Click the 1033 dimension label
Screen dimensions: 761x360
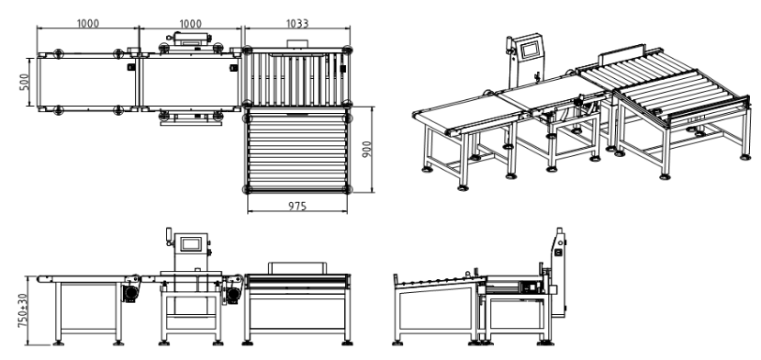click(297, 23)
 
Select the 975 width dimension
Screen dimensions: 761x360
click(297, 206)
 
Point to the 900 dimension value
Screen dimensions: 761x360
click(367, 149)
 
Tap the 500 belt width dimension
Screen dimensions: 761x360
click(25, 82)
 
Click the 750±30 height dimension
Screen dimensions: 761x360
click(23, 309)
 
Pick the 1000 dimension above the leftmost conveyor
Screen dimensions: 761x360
click(88, 23)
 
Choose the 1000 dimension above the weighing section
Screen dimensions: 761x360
click(190, 23)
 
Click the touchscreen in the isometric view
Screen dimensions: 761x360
click(529, 49)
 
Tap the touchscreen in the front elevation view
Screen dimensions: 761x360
click(190, 244)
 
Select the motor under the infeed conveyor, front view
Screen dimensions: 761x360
click(130, 294)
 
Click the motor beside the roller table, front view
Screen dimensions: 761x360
click(233, 295)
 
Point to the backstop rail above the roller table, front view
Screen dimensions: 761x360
click(297, 267)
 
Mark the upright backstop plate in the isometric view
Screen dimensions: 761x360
click(622, 54)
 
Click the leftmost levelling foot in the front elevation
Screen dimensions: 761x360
click(58, 343)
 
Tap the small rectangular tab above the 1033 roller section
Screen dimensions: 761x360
click(297, 44)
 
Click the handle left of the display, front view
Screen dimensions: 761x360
click(169, 236)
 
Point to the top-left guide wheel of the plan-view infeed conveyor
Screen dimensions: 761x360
click(58, 53)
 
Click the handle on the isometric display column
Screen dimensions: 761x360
click(509, 46)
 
